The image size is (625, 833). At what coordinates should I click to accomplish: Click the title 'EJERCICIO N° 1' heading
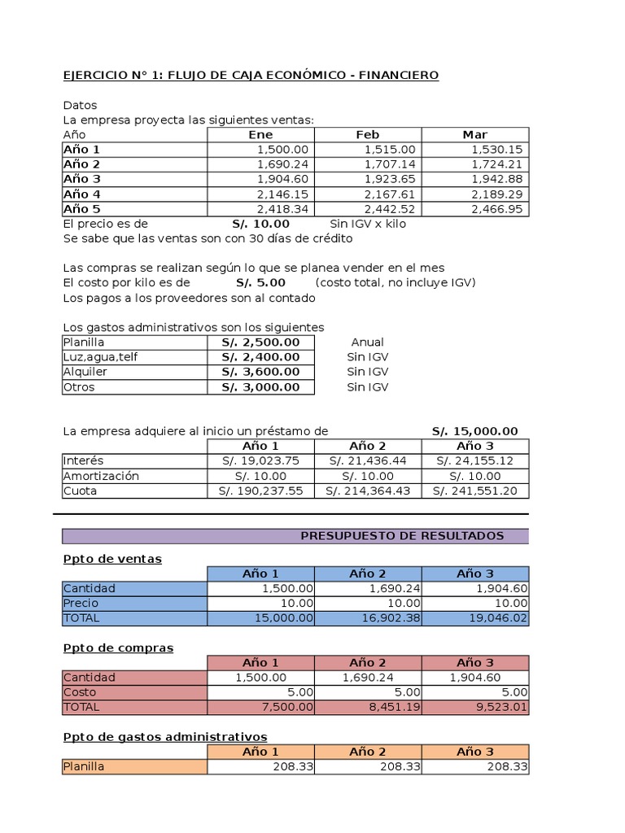pos(251,76)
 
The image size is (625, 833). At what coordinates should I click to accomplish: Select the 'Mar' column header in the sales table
pos(474,135)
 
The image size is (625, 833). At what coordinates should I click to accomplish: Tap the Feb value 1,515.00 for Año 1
pos(390,150)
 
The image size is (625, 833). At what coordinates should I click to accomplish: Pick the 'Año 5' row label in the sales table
pos(82,209)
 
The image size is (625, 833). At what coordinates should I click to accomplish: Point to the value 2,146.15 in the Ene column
pos(282,194)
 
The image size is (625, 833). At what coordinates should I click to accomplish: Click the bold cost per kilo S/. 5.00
pos(260,283)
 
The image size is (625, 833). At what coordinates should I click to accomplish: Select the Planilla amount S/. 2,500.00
pos(260,342)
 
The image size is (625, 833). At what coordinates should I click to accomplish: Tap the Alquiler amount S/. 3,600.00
pos(260,372)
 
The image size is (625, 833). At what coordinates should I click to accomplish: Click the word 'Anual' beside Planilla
pos(367,342)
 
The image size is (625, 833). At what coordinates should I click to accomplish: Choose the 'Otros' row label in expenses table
pos(79,387)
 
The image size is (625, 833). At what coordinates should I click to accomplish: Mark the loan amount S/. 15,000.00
pos(474,431)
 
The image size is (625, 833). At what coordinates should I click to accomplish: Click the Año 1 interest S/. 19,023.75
pos(260,461)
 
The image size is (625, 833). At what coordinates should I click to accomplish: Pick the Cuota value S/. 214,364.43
pos(367,491)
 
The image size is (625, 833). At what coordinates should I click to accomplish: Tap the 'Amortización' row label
pos(101,476)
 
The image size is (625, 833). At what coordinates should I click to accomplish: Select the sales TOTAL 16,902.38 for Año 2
pos(390,618)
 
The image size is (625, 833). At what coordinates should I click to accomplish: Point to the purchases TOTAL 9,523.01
pos(496,707)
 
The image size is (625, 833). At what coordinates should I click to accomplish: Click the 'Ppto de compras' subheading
pos(118,648)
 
